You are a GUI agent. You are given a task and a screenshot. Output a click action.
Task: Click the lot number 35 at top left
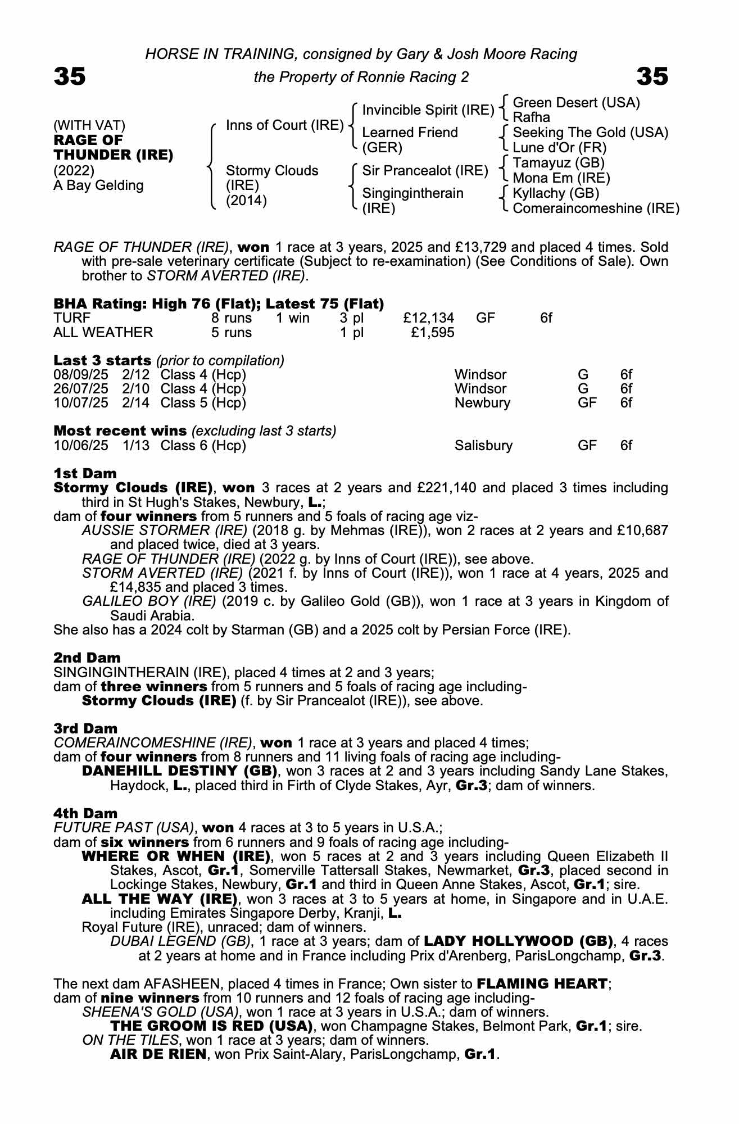pyautogui.click(x=70, y=76)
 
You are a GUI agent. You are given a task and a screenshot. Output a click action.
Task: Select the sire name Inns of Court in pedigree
pyautogui.click(x=284, y=125)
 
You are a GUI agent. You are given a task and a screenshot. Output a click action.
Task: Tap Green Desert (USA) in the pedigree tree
pyautogui.click(x=577, y=103)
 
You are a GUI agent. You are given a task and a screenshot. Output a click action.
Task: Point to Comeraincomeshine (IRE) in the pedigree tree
pyautogui.click(x=596, y=209)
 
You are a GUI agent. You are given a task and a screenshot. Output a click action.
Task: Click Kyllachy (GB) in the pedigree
pyautogui.click(x=556, y=193)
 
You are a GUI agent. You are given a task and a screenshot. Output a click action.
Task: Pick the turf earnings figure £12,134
pyautogui.click(x=429, y=318)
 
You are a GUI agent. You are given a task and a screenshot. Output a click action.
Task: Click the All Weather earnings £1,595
pyautogui.click(x=433, y=333)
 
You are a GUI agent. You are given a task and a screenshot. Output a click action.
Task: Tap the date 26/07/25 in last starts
pyautogui.click(x=81, y=389)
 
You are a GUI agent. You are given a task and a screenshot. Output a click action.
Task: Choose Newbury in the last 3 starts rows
pyautogui.click(x=482, y=403)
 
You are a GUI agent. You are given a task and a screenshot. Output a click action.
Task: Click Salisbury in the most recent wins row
pyautogui.click(x=483, y=446)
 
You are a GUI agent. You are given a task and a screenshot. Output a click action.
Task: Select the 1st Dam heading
pyautogui.click(x=85, y=473)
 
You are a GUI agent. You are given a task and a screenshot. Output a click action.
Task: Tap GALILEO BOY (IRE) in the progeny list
pyautogui.click(x=149, y=601)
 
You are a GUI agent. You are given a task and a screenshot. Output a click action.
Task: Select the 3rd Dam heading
pyautogui.click(x=85, y=728)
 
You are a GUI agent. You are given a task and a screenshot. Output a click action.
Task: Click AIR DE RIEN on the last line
pyautogui.click(x=158, y=1054)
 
